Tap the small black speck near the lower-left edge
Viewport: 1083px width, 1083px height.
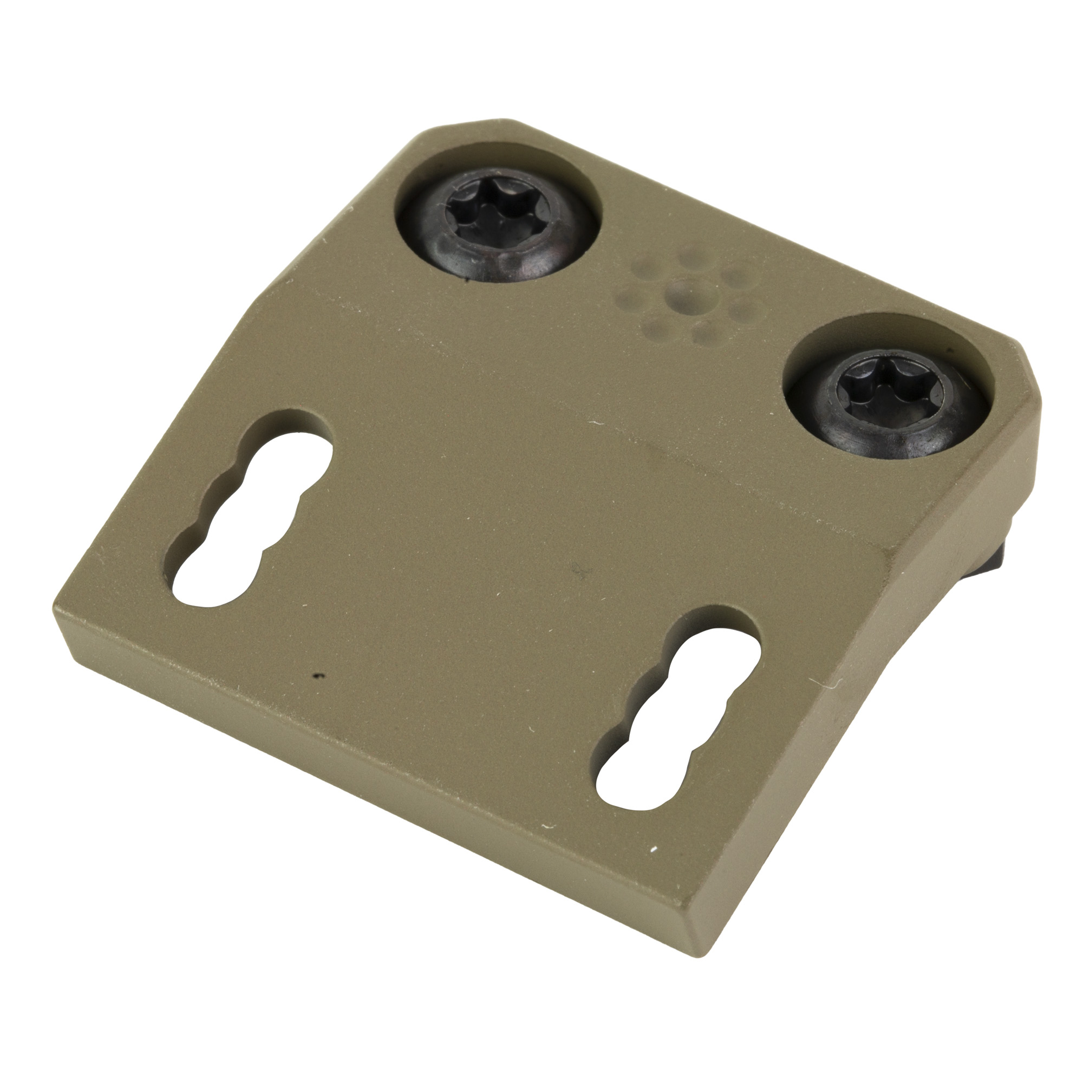[x=318, y=676]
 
